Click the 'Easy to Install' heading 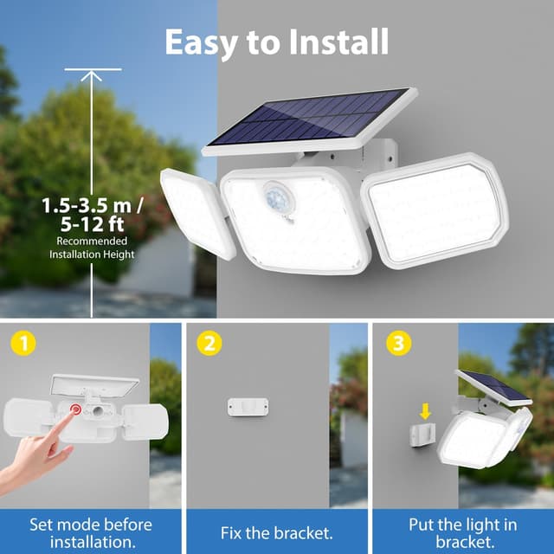click(276, 41)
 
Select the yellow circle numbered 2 click(209, 344)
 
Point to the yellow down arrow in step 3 click(425, 410)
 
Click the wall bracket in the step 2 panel click(248, 406)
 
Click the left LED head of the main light click(197, 212)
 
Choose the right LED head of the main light click(433, 207)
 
